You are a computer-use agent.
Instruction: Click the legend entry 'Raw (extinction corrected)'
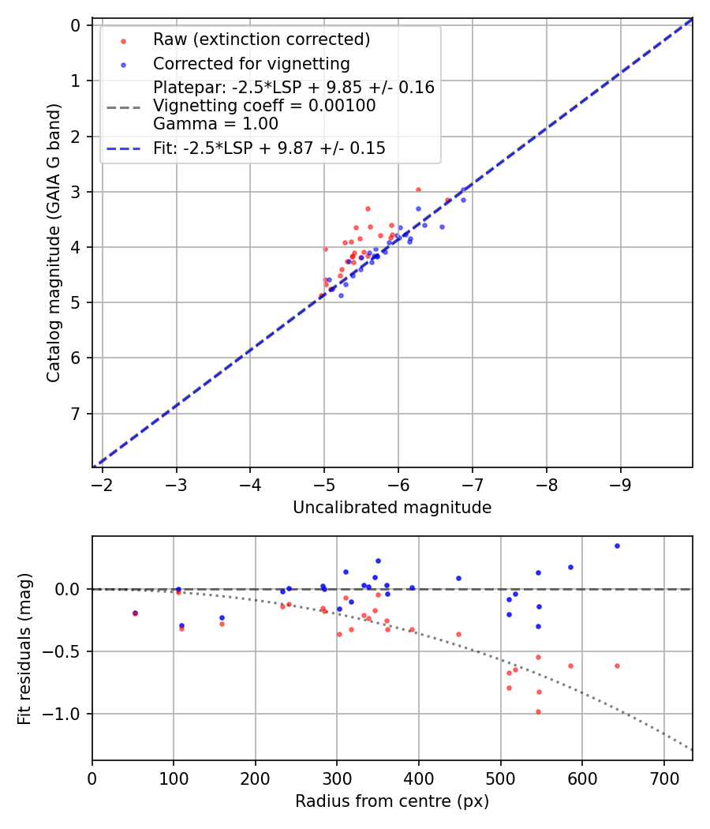coord(261,39)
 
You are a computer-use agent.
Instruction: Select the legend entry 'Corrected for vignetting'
coord(251,63)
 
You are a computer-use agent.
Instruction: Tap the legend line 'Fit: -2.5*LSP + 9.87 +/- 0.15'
coord(269,148)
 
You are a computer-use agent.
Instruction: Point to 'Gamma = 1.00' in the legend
coord(215,123)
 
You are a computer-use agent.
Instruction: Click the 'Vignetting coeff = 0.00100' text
coord(264,106)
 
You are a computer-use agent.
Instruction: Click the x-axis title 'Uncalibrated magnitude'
coord(392,508)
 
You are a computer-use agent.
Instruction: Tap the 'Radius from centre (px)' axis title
coord(392,801)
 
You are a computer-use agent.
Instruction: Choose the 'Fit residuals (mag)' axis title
coord(24,648)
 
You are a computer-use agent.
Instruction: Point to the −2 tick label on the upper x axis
coord(102,484)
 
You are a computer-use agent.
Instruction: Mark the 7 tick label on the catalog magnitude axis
coord(77,414)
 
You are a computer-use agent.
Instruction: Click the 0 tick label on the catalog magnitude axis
coord(77,25)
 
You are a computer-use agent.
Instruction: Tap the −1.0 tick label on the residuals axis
coord(66,714)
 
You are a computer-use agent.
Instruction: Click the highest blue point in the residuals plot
coord(617,546)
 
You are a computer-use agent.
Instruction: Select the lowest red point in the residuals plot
coord(538,711)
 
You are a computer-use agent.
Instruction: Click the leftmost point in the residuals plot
coord(135,613)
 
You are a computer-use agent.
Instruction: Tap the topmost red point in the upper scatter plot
coord(418,189)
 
